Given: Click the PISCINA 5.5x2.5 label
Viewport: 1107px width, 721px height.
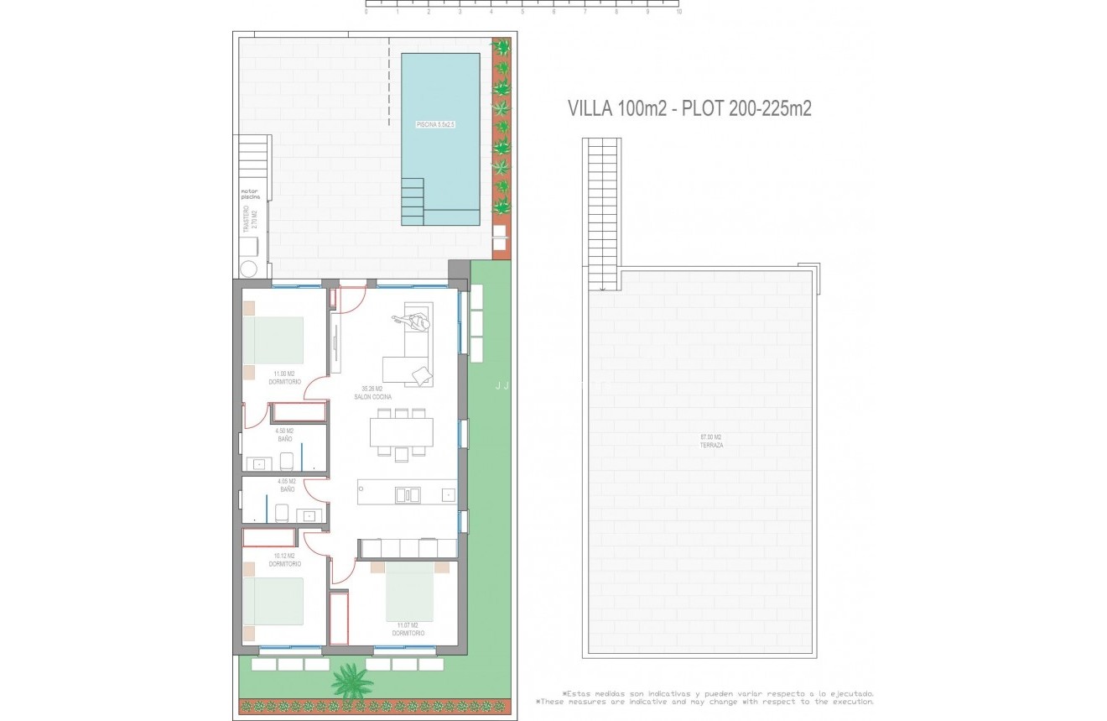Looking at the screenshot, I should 440,124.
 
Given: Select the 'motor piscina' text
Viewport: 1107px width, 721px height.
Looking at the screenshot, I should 250,194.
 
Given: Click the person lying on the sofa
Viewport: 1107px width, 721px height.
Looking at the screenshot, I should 413,321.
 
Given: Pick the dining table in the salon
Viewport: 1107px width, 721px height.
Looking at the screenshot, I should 402,431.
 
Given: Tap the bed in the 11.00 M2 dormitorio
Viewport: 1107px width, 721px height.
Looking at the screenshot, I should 273,340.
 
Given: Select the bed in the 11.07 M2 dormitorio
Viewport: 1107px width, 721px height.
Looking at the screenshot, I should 410,591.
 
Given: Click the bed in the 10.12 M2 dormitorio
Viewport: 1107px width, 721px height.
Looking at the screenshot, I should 273,601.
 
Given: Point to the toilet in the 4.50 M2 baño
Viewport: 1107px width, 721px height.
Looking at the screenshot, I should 287,461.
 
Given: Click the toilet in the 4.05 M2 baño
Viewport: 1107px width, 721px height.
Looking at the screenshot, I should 283,511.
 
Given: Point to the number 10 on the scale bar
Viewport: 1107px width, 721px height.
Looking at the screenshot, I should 678,13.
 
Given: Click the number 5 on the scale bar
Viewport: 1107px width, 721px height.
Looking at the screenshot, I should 522,13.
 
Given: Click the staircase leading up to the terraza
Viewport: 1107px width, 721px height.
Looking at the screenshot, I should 601,214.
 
